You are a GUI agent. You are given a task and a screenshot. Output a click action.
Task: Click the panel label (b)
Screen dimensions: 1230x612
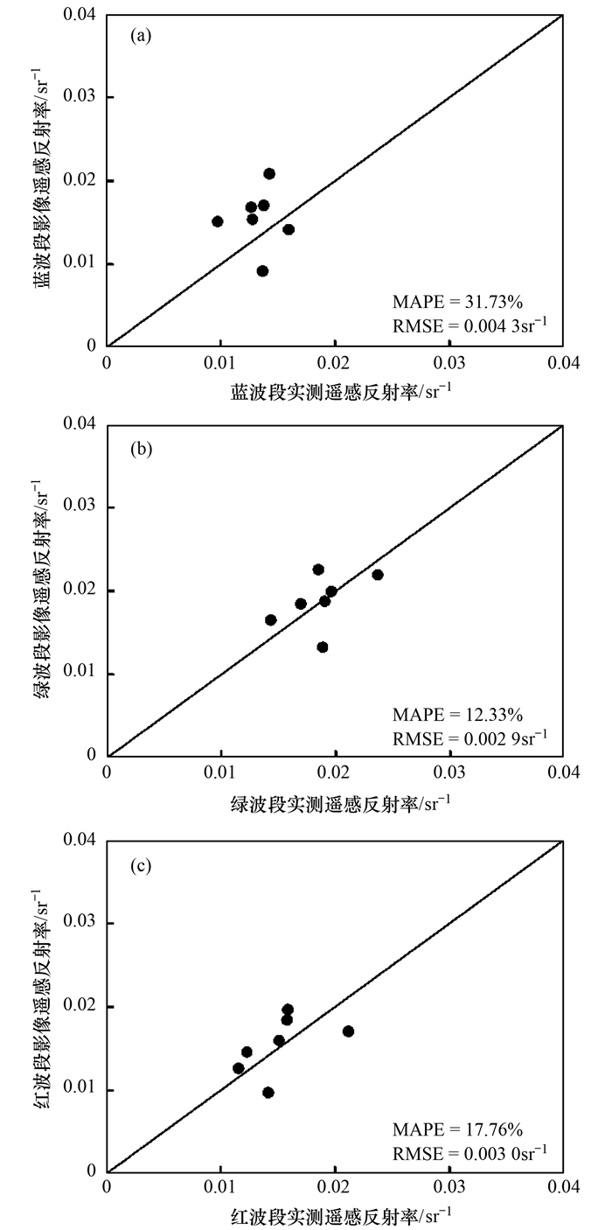[x=137, y=450]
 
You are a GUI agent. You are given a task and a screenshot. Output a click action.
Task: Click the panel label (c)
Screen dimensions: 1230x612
[x=137, y=866]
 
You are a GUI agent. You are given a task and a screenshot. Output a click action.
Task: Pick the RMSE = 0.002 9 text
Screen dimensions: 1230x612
[x=469, y=739]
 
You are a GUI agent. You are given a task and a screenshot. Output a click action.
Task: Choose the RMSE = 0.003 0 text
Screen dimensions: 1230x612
[x=469, y=1156]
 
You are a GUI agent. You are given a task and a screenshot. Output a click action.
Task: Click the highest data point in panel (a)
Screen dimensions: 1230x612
[x=269, y=174]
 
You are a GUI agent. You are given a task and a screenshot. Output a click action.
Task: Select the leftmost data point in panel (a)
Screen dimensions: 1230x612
[x=218, y=221]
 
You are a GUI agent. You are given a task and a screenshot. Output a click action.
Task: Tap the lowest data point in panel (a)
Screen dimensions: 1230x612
[x=262, y=271]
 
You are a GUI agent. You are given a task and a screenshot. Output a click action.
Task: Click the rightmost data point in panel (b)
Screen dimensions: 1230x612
[x=378, y=575]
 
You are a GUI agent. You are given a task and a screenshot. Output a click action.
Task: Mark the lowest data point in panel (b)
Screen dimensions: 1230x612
[x=323, y=647]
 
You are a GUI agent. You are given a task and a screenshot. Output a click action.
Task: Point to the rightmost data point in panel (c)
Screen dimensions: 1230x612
[x=349, y=1031]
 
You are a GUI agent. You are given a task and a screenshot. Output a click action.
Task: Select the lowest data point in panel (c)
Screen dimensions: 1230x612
[x=268, y=1093]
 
